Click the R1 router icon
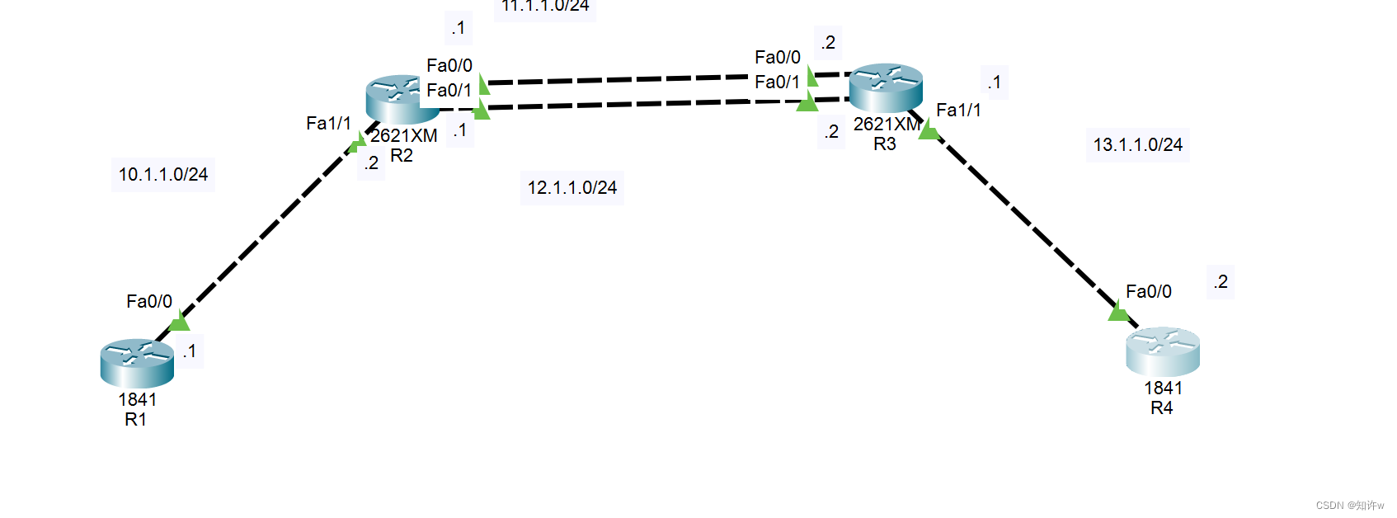(x=137, y=363)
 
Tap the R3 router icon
(x=885, y=87)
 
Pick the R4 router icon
(x=1162, y=351)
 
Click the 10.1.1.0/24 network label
(x=163, y=175)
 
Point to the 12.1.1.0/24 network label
(x=572, y=188)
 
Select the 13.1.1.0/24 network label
(x=1137, y=145)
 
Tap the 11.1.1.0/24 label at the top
(x=545, y=7)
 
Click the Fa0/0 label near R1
(x=149, y=302)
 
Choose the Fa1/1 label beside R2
(x=328, y=124)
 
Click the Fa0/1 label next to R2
(x=449, y=90)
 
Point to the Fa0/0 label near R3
(x=778, y=58)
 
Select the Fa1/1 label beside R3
(x=958, y=111)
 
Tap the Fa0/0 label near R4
(x=1148, y=292)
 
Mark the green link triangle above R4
(x=1118, y=312)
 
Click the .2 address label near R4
(x=1221, y=282)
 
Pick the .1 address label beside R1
(x=190, y=351)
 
